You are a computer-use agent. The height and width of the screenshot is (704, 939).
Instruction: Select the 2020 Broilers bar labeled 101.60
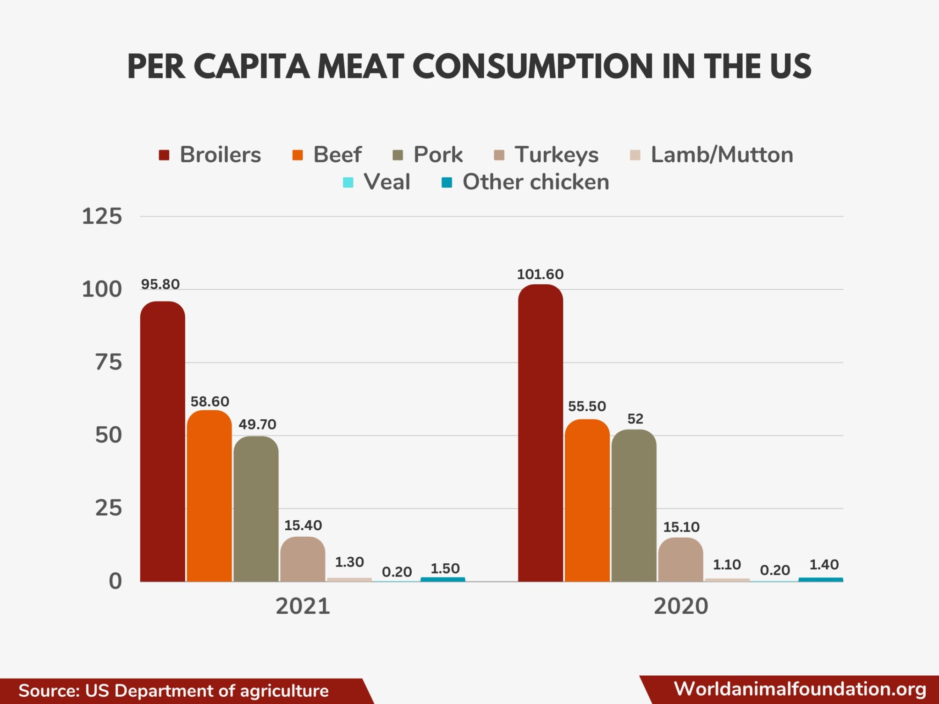coord(540,433)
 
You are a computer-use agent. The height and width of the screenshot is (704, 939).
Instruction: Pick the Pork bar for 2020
coord(634,505)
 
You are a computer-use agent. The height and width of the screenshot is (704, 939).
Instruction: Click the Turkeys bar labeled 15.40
coord(303,559)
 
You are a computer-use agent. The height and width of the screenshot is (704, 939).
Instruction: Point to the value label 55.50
coord(587,406)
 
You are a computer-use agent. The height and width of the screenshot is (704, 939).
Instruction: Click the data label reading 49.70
coord(257,424)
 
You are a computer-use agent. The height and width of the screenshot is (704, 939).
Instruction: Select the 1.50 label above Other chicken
coord(445,568)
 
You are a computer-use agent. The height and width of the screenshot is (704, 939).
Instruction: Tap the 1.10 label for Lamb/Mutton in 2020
coord(727,564)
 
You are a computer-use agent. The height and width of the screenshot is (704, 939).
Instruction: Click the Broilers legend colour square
coord(164,155)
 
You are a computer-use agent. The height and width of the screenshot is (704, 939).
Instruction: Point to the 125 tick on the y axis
coord(102,216)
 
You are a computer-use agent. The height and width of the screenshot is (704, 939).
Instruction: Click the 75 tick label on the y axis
coord(108,363)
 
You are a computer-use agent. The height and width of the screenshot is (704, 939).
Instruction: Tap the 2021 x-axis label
coord(303,606)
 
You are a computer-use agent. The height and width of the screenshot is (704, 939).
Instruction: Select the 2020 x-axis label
coord(680,606)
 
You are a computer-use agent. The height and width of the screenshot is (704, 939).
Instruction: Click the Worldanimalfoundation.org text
coord(800,689)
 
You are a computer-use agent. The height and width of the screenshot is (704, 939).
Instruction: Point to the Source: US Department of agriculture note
coord(173,691)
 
